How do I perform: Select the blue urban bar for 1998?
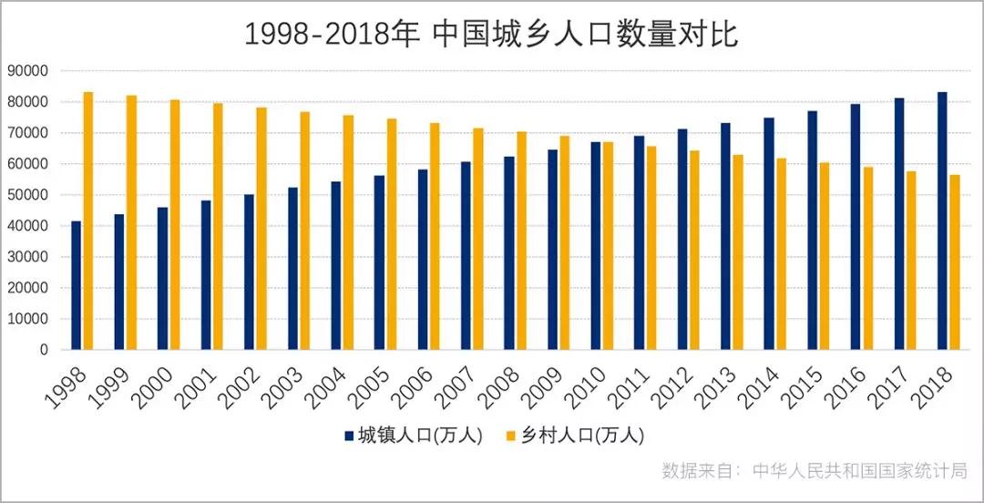(77, 285)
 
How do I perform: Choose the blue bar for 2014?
(769, 233)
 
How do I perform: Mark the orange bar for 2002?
(261, 229)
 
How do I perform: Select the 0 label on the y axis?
(43, 350)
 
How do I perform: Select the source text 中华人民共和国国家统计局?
(859, 471)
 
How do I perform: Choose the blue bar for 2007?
(466, 256)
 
